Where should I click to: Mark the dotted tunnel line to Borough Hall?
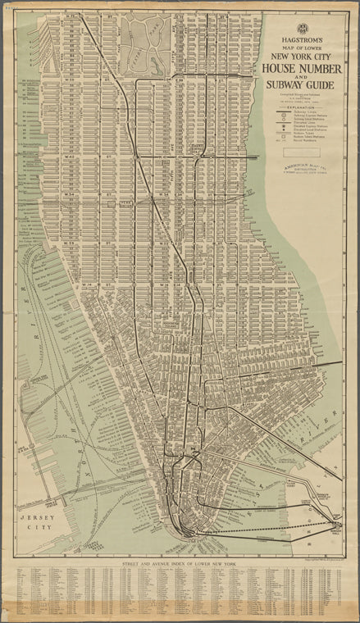point(271,531)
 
